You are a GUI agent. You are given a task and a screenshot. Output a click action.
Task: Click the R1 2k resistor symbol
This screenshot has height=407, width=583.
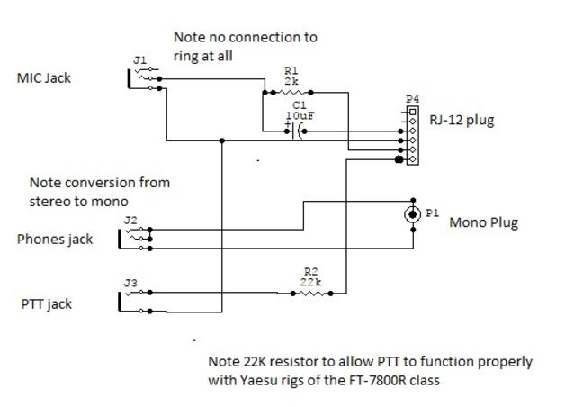(291, 92)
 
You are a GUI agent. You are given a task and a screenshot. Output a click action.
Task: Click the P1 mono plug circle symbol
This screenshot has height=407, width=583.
(413, 213)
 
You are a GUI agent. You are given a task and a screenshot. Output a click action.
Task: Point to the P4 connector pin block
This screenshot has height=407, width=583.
(412, 137)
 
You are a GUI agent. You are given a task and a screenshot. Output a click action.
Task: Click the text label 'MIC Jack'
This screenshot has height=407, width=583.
(44, 78)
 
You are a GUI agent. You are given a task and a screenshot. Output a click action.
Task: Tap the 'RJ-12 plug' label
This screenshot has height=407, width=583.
(462, 120)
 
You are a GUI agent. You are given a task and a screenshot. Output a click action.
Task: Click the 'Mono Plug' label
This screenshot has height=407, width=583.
(483, 222)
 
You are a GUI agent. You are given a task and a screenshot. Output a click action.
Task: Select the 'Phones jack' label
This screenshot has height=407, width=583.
(55, 240)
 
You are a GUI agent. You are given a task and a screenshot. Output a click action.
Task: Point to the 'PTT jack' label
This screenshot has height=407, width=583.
(46, 303)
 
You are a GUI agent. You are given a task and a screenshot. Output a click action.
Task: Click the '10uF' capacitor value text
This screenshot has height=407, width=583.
(300, 116)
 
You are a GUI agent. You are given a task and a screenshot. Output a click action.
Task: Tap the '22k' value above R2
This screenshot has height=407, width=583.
(310, 281)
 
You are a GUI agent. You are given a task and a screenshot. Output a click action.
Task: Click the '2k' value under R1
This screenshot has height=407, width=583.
(291, 80)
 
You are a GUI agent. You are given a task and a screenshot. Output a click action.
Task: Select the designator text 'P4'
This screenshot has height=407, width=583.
(412, 99)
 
